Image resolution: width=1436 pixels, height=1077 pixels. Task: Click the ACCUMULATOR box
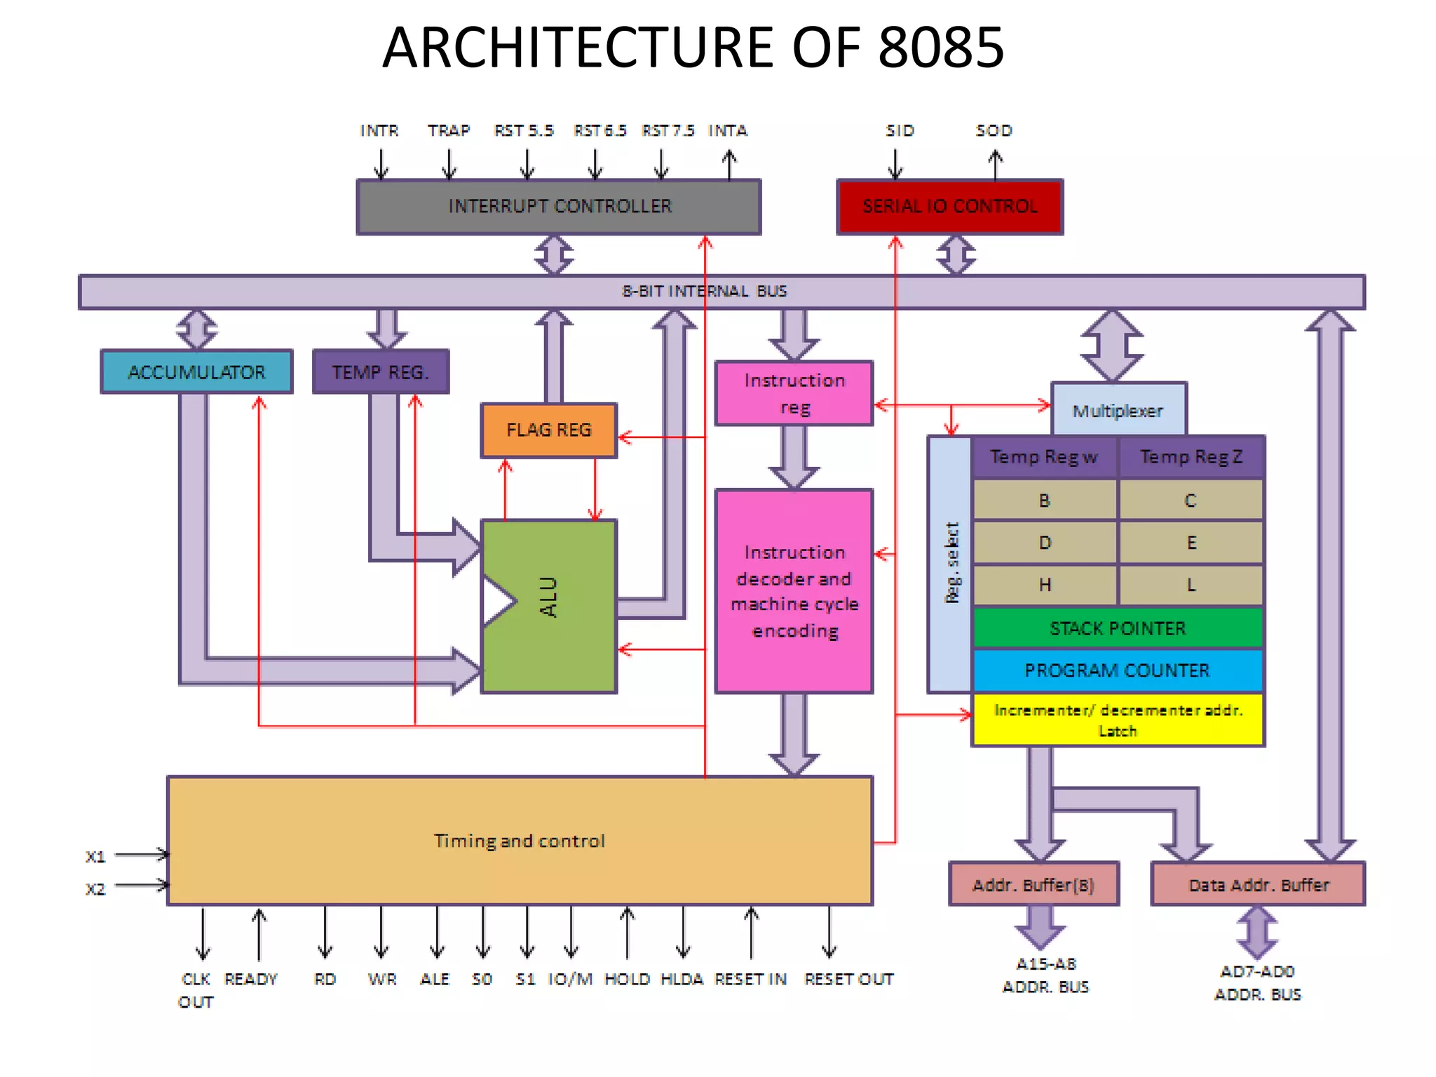coord(196,372)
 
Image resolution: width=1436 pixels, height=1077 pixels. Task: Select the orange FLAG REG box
coord(548,430)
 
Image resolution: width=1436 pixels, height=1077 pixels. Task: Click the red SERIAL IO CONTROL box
coord(949,206)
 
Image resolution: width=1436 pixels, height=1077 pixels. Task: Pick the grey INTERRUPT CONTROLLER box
coord(559,206)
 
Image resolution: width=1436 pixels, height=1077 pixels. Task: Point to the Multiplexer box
coord(1118,410)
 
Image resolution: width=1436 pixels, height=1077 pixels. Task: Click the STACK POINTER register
coord(1118,628)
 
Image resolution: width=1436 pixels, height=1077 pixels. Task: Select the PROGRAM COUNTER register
coord(1118,670)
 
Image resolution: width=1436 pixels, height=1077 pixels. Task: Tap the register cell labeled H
coord(1045,585)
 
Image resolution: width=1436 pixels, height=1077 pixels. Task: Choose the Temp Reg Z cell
coord(1191,457)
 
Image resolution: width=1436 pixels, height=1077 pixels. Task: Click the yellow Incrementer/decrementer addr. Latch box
coord(1118,720)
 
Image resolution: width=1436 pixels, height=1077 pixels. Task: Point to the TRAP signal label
coord(449,131)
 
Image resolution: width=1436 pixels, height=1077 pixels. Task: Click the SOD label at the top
coord(994,131)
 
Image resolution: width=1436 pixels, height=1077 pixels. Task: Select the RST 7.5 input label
coord(668,131)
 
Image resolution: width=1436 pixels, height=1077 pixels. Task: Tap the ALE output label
coord(435,979)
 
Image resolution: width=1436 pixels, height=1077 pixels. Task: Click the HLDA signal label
coord(682,979)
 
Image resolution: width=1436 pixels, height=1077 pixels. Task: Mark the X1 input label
coord(95,857)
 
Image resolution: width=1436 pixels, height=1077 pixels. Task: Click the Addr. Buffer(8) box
coord(1033,885)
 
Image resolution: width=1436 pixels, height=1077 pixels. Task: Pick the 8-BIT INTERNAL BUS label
coord(705,291)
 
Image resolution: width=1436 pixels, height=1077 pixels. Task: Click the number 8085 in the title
coord(941,48)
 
